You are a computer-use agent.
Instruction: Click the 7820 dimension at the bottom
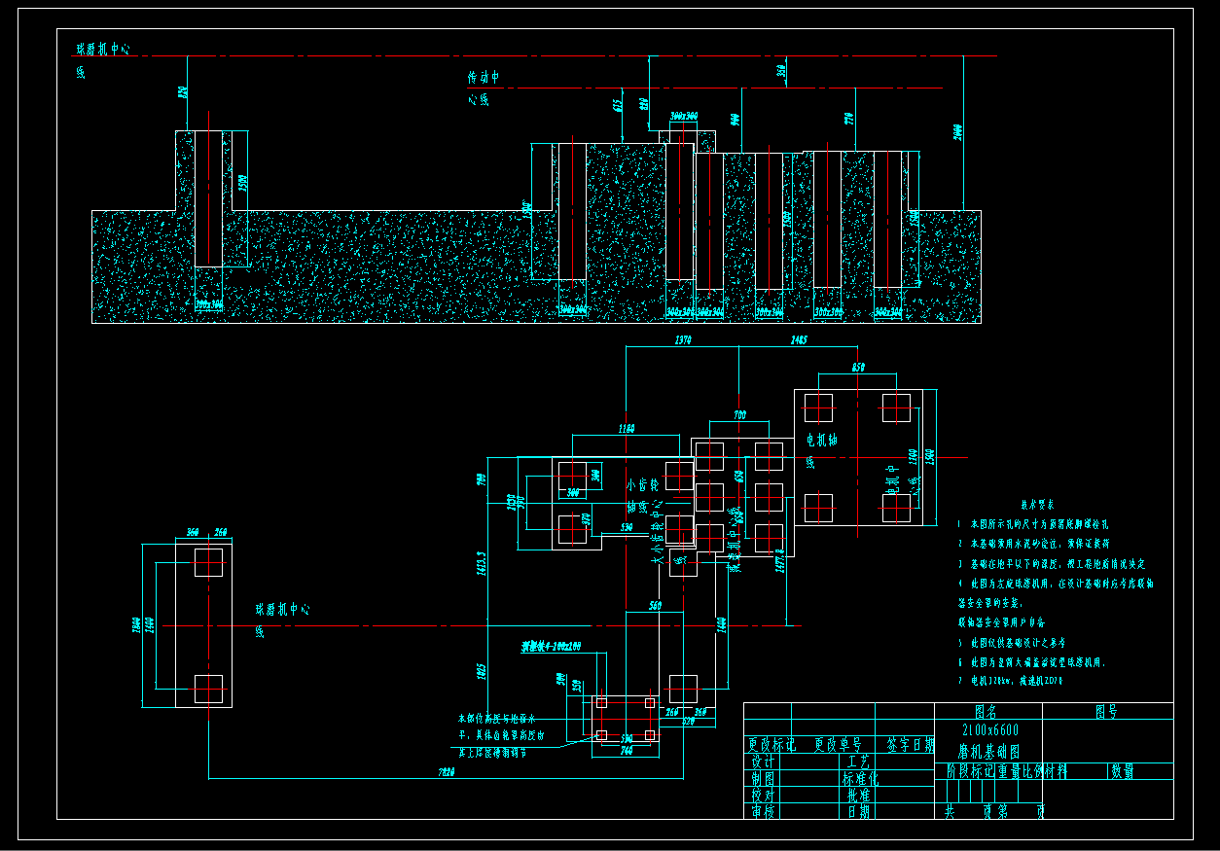click(447, 772)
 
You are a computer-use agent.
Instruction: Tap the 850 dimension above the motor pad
click(857, 367)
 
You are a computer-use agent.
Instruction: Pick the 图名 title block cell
click(987, 712)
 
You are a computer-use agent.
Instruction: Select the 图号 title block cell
click(1106, 712)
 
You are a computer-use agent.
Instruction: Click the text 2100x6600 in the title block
click(989, 730)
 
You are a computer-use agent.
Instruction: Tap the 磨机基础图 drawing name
click(987, 751)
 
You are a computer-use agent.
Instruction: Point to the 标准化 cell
click(860, 778)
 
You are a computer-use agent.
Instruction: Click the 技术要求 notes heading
click(1036, 505)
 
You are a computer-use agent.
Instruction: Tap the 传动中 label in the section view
click(484, 77)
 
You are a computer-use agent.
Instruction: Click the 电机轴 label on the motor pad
click(822, 441)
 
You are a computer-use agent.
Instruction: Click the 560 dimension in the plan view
click(654, 605)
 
